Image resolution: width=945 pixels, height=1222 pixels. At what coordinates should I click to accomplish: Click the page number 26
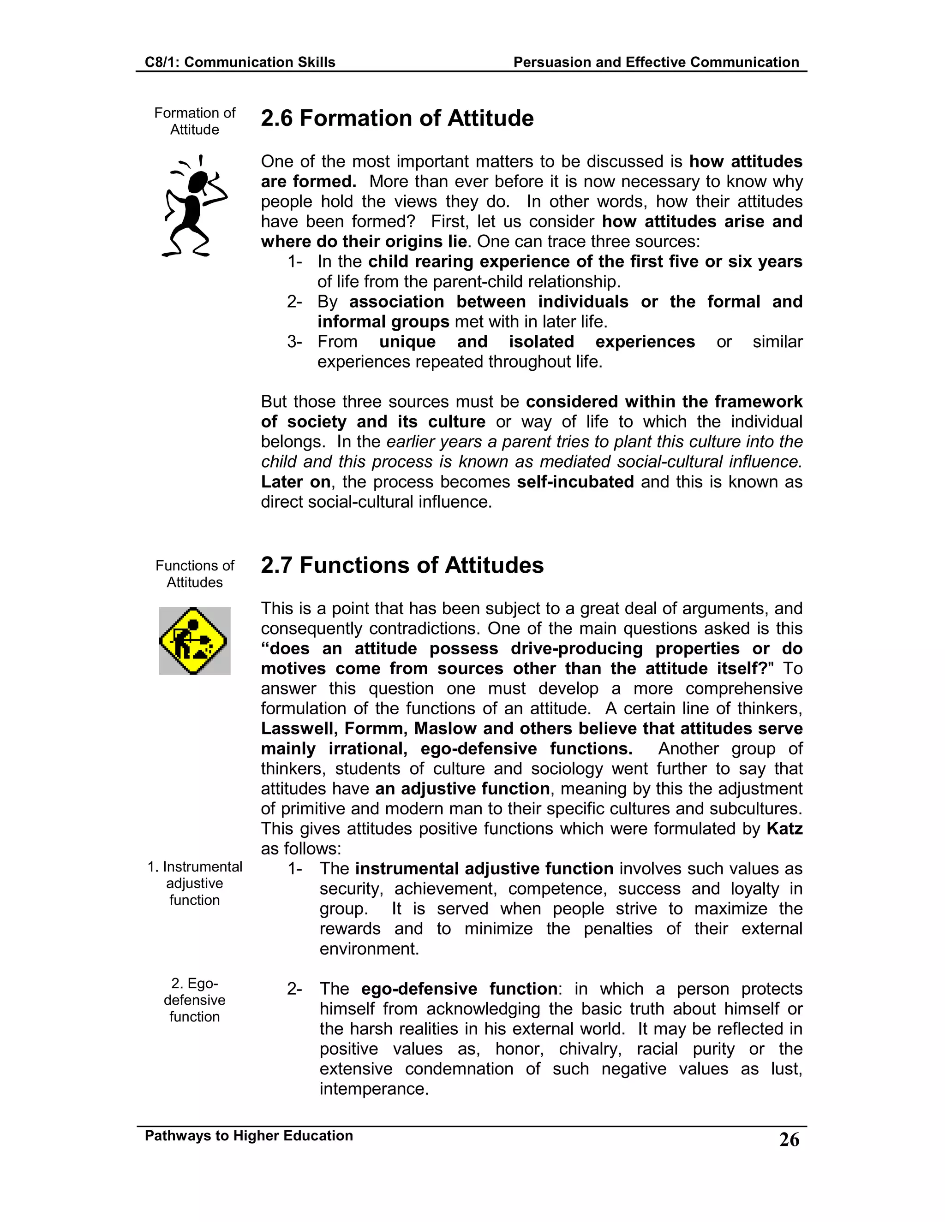(789, 1140)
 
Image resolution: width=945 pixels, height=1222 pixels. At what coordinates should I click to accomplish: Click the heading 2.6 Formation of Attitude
(397, 119)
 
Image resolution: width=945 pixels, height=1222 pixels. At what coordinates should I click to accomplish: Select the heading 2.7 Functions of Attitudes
(402, 565)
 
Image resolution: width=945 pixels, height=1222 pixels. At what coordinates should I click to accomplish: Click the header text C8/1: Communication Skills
(239, 62)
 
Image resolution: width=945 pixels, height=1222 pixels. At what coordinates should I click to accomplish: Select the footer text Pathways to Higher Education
(249, 1135)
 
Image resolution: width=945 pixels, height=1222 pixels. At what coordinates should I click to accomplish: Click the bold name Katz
(784, 829)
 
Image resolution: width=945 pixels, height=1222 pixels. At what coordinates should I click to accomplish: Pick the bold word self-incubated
(575, 482)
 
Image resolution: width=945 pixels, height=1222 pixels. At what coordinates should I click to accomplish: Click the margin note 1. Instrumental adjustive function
(194, 883)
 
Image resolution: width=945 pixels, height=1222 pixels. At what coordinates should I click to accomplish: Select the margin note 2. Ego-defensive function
(194, 1000)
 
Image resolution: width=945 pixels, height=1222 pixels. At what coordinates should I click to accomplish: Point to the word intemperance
(373, 1089)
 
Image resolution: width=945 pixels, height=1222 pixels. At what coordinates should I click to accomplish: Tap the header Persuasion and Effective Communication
(656, 62)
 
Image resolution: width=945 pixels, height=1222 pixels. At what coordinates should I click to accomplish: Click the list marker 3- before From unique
(294, 342)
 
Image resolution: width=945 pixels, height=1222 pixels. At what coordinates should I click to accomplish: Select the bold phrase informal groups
(383, 322)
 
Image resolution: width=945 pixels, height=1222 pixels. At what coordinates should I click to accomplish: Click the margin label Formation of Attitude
(194, 121)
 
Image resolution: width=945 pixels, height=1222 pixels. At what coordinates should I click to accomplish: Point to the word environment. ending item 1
(369, 949)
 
